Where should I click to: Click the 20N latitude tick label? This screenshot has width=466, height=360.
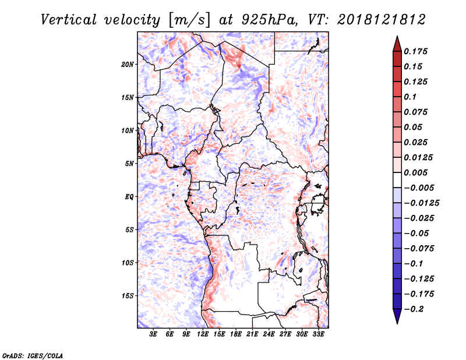(128, 65)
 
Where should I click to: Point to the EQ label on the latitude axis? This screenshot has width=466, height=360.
(129, 197)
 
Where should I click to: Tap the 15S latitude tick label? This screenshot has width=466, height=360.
(128, 296)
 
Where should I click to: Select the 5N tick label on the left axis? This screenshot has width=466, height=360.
(129, 164)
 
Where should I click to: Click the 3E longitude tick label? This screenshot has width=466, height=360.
(153, 334)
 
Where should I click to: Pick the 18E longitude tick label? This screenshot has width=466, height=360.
(236, 334)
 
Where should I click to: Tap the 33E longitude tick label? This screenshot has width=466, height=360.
(318, 334)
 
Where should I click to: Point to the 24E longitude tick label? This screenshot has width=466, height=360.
(269, 334)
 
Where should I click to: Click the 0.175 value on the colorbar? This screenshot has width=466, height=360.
(415, 51)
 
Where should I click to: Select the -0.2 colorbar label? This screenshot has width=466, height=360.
(414, 309)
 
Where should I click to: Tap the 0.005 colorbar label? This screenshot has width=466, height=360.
(415, 172)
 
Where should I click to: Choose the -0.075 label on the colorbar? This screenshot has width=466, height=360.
(419, 249)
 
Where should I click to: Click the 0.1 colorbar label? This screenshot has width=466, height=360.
(410, 97)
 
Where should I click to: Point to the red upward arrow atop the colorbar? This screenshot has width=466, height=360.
(397, 44)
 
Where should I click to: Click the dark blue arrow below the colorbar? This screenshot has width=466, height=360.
(397, 316)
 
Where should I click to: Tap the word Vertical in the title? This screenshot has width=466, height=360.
(69, 20)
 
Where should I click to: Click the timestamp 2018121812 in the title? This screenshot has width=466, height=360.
(382, 20)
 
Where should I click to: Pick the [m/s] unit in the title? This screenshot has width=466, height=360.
(189, 20)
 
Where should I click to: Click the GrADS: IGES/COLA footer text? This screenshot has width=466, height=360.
(33, 355)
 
